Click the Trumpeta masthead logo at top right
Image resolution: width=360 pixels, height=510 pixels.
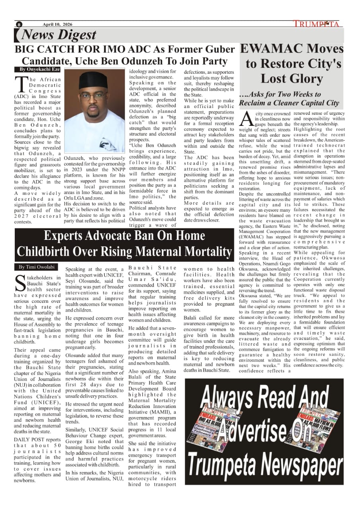click(317, 24)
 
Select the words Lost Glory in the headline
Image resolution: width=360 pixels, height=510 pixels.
click(292, 78)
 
